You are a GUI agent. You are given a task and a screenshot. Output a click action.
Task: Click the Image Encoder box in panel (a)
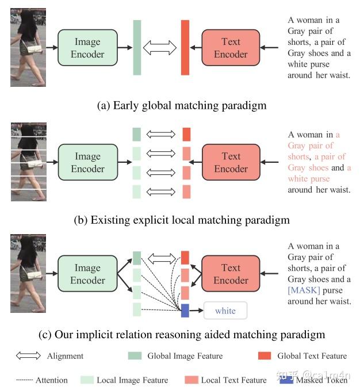(88, 48)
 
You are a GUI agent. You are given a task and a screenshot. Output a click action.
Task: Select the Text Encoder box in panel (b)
(231, 162)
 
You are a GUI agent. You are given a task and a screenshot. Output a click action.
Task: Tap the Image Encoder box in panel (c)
(88, 274)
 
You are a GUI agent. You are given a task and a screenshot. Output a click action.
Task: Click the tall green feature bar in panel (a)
(137, 48)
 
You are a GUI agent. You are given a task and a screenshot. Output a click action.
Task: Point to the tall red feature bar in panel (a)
(185, 48)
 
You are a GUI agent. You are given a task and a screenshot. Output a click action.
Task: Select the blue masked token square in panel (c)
(185, 311)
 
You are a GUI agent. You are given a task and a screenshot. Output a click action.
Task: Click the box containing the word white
(225, 311)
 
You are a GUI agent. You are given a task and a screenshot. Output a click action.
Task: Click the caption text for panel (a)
(182, 105)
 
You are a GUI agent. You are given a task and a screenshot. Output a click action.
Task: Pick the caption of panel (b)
(182, 220)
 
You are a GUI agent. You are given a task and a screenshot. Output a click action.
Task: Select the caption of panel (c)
(182, 334)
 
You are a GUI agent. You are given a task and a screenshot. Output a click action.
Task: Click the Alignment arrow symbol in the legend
(28, 356)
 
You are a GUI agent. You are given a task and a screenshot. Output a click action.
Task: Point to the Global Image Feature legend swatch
(134, 356)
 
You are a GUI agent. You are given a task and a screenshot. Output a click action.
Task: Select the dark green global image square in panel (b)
(136, 135)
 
